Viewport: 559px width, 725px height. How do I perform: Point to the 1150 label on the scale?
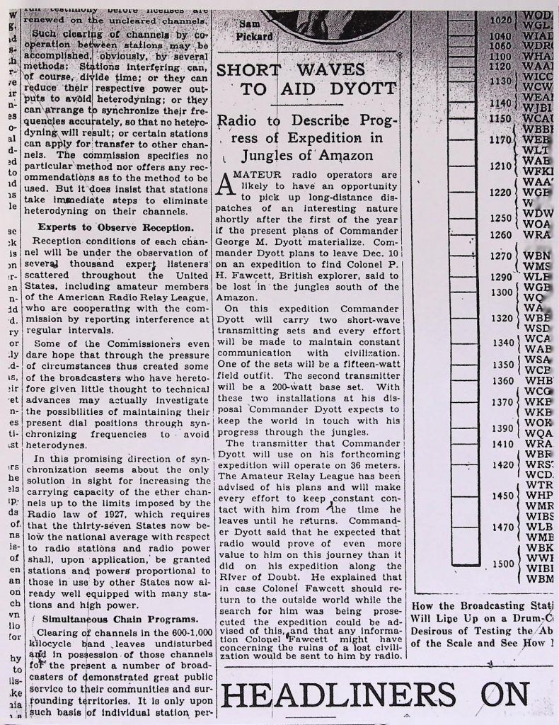500,118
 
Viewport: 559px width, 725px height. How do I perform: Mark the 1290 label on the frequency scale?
500,276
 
